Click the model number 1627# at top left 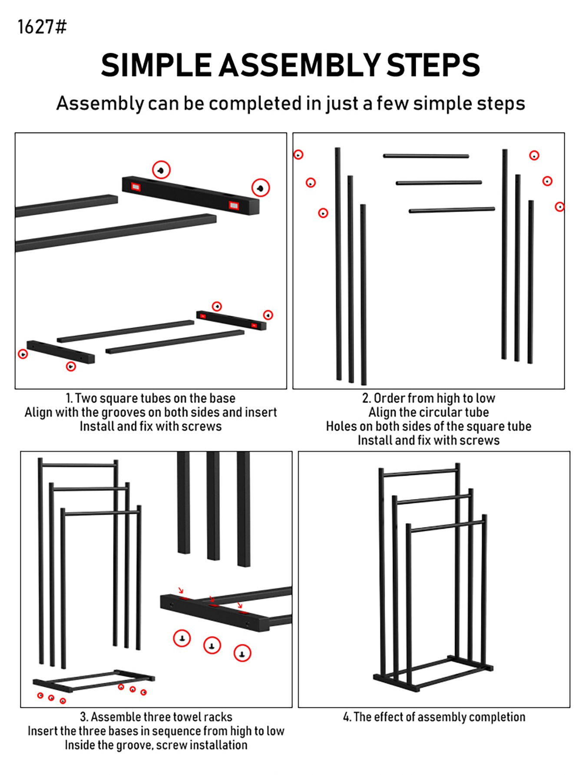pyautogui.click(x=42, y=27)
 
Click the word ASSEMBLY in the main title pyautogui.click(x=299, y=66)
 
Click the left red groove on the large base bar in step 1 pyautogui.click(x=136, y=187)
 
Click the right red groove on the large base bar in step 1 pyautogui.click(x=234, y=204)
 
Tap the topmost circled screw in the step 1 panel pyautogui.click(x=161, y=170)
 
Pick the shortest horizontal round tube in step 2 pyautogui.click(x=426, y=156)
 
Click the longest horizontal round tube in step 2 pyautogui.click(x=452, y=211)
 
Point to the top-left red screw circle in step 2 pyautogui.click(x=298, y=155)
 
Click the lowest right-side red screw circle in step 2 pyautogui.click(x=560, y=207)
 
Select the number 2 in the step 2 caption pyautogui.click(x=365, y=398)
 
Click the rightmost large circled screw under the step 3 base pyautogui.click(x=242, y=653)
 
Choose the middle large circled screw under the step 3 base pyautogui.click(x=212, y=646)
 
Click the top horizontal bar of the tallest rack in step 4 pyautogui.click(x=419, y=472)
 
